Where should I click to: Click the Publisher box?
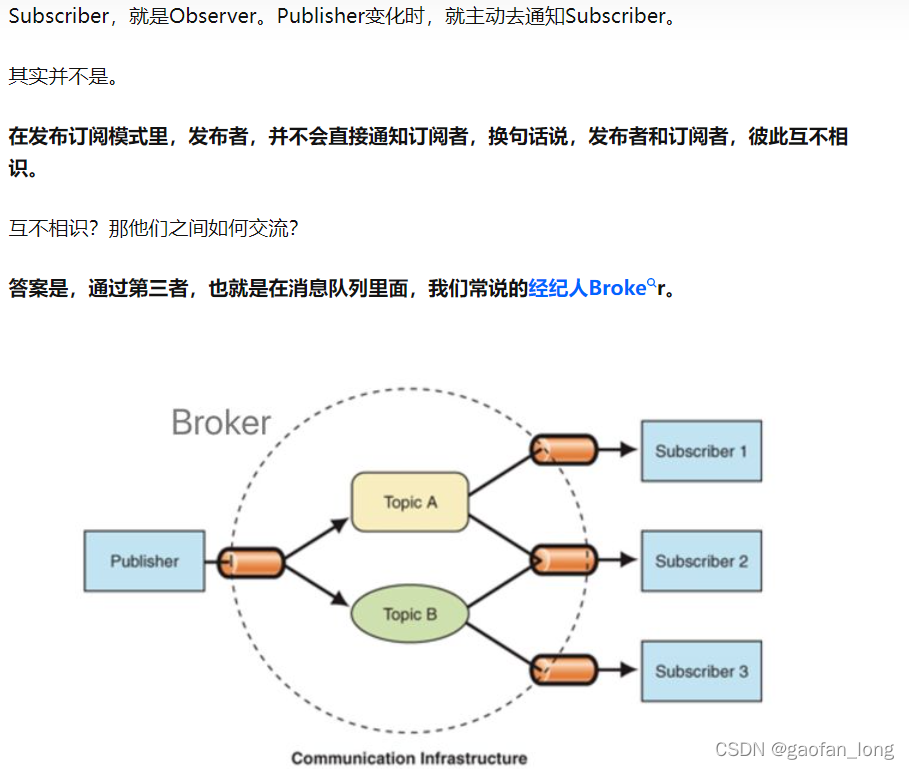pyautogui.click(x=144, y=561)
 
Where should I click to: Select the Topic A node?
pyautogui.click(x=410, y=502)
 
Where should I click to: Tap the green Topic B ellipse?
pyautogui.click(x=409, y=614)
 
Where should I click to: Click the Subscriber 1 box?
pyautogui.click(x=701, y=451)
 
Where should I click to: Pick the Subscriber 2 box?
pyautogui.click(x=701, y=561)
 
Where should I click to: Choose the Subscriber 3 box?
pyautogui.click(x=701, y=671)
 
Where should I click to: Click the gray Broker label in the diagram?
pyautogui.click(x=221, y=422)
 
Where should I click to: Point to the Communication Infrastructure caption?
pyautogui.click(x=409, y=758)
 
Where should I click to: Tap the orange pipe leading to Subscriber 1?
pyautogui.click(x=563, y=450)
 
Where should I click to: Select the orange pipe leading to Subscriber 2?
pyautogui.click(x=563, y=560)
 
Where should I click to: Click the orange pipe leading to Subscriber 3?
pyautogui.click(x=563, y=670)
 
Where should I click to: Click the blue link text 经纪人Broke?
pyautogui.click(x=587, y=289)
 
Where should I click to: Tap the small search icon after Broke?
pyautogui.click(x=652, y=285)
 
